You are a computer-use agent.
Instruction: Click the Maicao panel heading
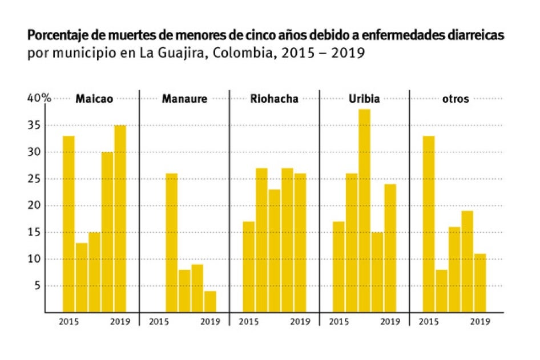(x=94, y=99)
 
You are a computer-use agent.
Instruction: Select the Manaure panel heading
(x=184, y=99)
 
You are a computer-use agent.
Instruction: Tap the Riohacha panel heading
(x=274, y=99)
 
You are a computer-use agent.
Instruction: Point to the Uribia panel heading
(x=364, y=99)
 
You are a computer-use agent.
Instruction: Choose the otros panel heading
(x=456, y=99)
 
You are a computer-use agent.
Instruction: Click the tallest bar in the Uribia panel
(x=364, y=211)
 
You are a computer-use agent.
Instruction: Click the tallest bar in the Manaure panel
(x=171, y=242)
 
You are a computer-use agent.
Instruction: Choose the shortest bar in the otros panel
(x=442, y=291)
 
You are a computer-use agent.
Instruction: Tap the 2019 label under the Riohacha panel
(x=300, y=322)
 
